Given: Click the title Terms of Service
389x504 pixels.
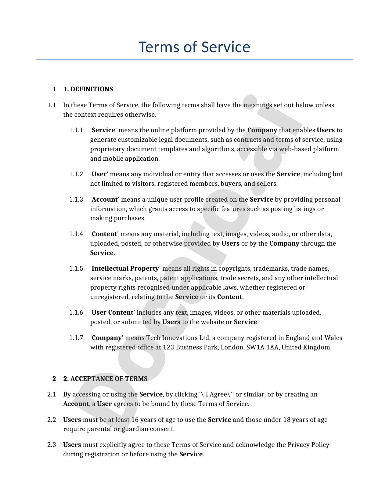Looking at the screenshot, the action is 194,47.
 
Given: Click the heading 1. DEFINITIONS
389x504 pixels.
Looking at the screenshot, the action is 88,89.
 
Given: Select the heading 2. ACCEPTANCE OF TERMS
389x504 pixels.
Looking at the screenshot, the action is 105,379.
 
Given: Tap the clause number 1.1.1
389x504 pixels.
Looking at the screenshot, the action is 76,130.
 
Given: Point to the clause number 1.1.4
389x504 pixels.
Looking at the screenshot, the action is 76,234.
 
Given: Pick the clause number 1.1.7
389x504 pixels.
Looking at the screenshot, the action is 76,338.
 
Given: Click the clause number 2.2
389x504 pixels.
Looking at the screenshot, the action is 52,420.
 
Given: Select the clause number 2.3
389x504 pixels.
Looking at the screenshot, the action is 52,445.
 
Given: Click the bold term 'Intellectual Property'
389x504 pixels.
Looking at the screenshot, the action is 125,268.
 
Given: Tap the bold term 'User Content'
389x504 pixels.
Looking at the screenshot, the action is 113,312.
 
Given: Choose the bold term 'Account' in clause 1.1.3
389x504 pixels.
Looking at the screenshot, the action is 105,199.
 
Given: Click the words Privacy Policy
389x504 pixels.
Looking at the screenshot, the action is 308,445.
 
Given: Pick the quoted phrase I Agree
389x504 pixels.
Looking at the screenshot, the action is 214,394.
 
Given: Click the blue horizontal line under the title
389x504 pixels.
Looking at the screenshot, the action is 194,59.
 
